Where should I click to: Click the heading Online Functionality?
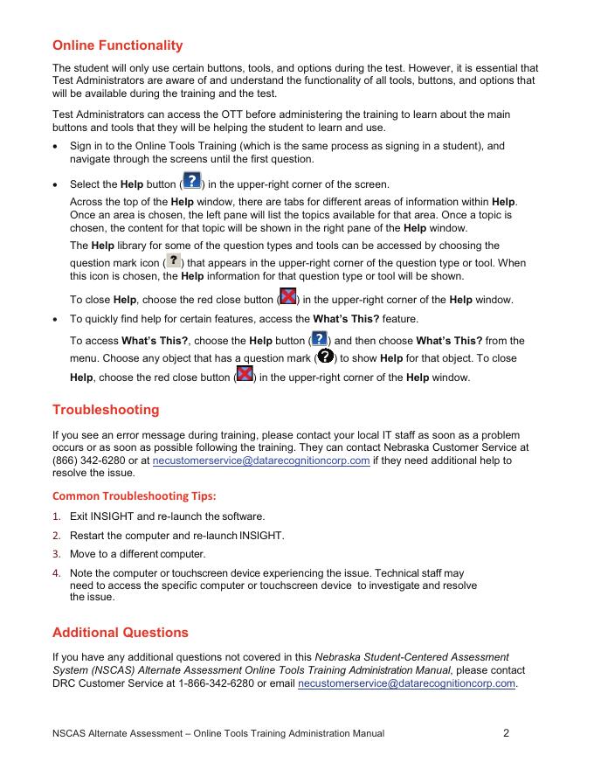coord(118,45)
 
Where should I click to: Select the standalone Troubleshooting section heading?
coord(106,410)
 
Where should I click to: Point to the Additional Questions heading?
coord(121,632)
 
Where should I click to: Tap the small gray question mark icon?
coord(174,261)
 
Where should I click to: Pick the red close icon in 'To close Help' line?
coord(287,297)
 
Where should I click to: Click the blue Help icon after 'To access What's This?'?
coord(320,338)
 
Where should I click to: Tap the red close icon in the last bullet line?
coord(245,375)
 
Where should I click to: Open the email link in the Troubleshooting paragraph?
coord(261,461)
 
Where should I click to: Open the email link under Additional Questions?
coord(406,683)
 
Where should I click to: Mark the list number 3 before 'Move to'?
coord(56,554)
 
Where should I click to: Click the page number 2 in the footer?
coord(507,733)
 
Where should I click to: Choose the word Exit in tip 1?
coord(79,516)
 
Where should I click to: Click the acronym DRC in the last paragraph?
coord(66,683)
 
